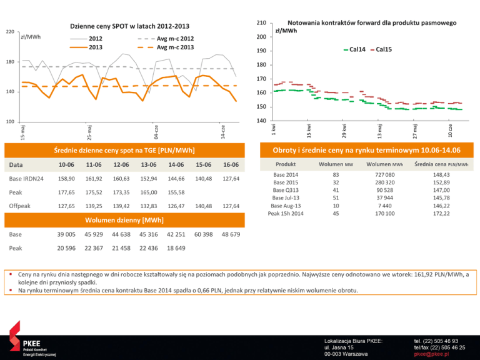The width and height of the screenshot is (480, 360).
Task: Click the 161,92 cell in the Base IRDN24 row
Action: point(92,179)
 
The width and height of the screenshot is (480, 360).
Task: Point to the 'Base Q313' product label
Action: point(286,189)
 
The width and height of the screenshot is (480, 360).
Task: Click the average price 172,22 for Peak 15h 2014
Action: point(442,213)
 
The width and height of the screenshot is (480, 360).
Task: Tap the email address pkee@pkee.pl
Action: point(427,354)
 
